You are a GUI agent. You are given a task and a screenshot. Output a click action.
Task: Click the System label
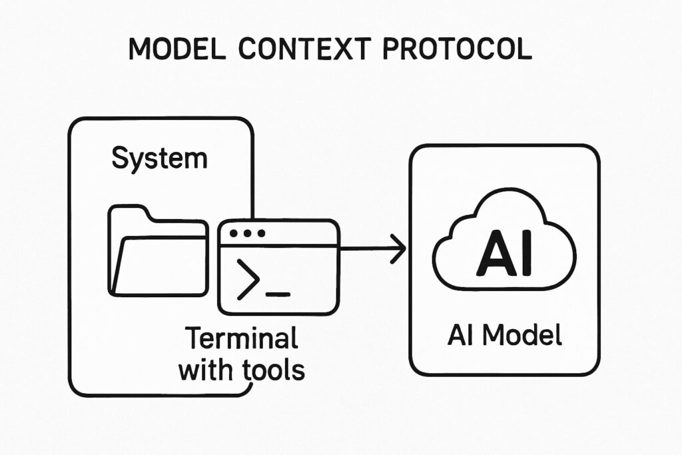tap(159, 159)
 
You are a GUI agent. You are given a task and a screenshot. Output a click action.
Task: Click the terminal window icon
tap(278, 266)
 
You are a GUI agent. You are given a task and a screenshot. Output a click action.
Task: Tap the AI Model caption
tap(504, 335)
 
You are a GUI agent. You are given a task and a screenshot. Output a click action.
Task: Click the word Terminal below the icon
tap(240, 339)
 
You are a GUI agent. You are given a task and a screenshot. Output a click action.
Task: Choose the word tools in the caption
tap(272, 370)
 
